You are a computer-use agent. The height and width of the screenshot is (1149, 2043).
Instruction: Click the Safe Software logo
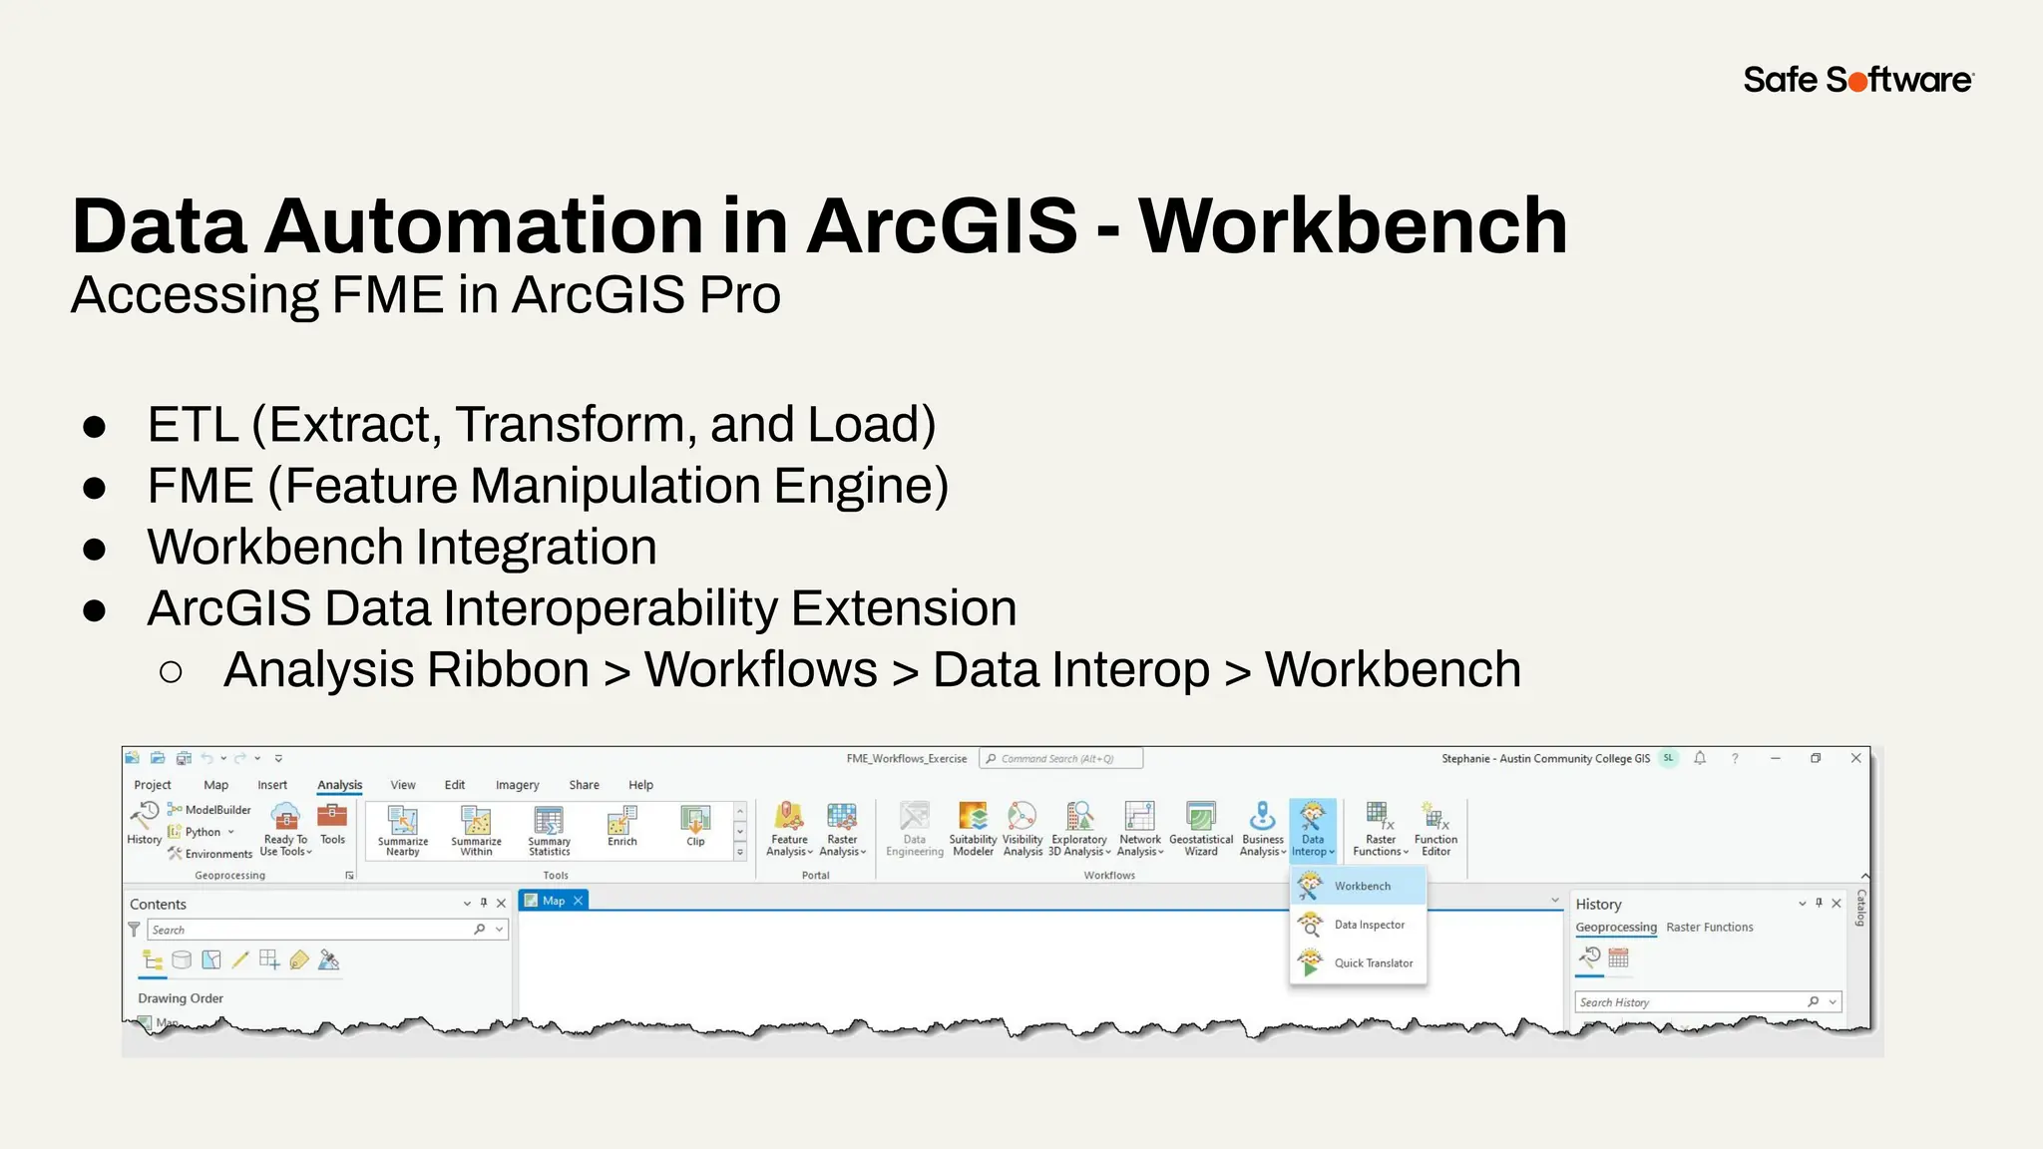click(1857, 80)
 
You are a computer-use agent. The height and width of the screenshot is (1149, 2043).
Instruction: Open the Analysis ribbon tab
click(339, 785)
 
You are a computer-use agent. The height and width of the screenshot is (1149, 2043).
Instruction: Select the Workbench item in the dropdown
click(1361, 886)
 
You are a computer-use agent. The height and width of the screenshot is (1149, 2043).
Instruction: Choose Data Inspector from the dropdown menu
click(1368, 925)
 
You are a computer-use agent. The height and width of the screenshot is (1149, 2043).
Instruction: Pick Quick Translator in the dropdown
click(1372, 962)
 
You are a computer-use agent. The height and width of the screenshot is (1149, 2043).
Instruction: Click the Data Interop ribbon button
click(1312, 829)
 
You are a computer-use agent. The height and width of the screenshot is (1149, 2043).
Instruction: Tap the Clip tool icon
click(695, 826)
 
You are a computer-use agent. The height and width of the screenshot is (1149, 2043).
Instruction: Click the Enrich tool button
click(621, 826)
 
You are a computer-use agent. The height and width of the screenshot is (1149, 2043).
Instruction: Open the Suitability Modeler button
click(973, 829)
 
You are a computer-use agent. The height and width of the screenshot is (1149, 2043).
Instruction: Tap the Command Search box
click(1061, 759)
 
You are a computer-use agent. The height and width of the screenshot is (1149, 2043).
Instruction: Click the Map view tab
click(552, 901)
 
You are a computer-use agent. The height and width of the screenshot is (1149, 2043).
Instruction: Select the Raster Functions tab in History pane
click(1709, 928)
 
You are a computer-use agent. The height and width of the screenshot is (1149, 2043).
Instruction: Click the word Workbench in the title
click(1352, 226)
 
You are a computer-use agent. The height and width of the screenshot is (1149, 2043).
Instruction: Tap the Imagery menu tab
click(517, 785)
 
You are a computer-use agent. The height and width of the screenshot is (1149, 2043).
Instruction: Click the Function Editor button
click(1435, 829)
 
